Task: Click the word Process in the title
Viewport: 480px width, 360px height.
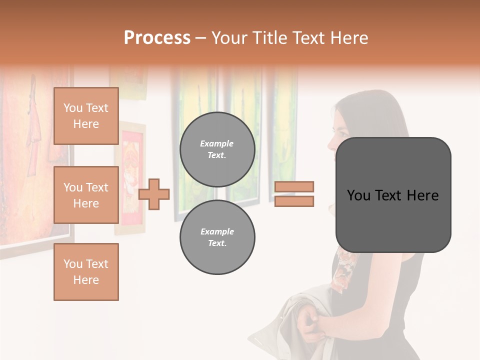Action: pyautogui.click(x=157, y=38)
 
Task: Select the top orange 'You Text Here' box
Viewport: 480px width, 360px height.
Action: pyautogui.click(x=86, y=116)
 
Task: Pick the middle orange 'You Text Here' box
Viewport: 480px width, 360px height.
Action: pyautogui.click(x=86, y=195)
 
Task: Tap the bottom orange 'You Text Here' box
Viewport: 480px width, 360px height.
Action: pyautogui.click(x=86, y=272)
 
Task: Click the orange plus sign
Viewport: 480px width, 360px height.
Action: pyautogui.click(x=154, y=194)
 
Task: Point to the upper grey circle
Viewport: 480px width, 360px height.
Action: pyautogui.click(x=217, y=149)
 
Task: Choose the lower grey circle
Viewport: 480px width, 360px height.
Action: pyautogui.click(x=217, y=237)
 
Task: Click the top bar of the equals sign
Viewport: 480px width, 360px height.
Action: pyautogui.click(x=294, y=186)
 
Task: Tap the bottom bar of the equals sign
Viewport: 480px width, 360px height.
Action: pyautogui.click(x=294, y=201)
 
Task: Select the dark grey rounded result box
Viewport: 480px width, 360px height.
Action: pyautogui.click(x=393, y=195)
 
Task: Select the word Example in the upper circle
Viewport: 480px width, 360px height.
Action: pyautogui.click(x=217, y=143)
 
